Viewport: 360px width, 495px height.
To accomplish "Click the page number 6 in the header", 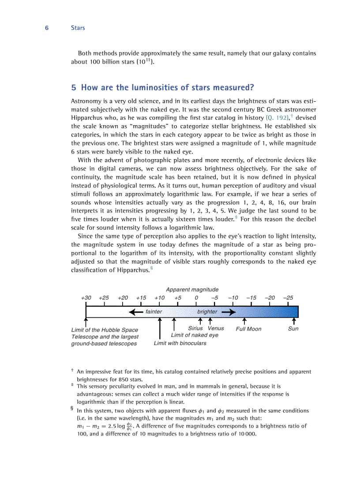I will pyautogui.click(x=46, y=28).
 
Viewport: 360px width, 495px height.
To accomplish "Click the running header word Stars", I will pyautogui.click(x=78, y=28).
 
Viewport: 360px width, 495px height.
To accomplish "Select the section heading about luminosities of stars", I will pyautogui.click(x=163, y=87).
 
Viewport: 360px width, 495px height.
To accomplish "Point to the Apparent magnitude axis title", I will pyautogui.click(x=192, y=290).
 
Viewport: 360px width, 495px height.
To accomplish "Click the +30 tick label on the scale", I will pyautogui.click(x=86, y=298).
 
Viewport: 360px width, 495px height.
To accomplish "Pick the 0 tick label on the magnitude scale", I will pyautogui.click(x=196, y=298).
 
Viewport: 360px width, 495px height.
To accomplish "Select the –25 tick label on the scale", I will pyautogui.click(x=288, y=298).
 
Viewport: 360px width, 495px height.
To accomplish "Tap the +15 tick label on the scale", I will pyautogui.click(x=141, y=298).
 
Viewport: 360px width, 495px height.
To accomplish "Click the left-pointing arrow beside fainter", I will pyautogui.click(x=136, y=312).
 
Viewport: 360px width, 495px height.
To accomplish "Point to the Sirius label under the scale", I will pyautogui.click(x=195, y=328).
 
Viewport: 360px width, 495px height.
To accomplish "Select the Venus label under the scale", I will pyautogui.click(x=216, y=328).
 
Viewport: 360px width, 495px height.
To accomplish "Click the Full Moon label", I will pyautogui.click(x=248, y=329).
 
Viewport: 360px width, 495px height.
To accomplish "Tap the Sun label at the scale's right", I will pyautogui.click(x=293, y=328).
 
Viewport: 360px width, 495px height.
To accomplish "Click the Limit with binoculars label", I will pyautogui.click(x=180, y=343).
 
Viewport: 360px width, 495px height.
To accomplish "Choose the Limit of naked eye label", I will pyautogui.click(x=195, y=335).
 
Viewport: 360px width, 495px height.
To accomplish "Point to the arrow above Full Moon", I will pyautogui.click(x=244, y=321).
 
